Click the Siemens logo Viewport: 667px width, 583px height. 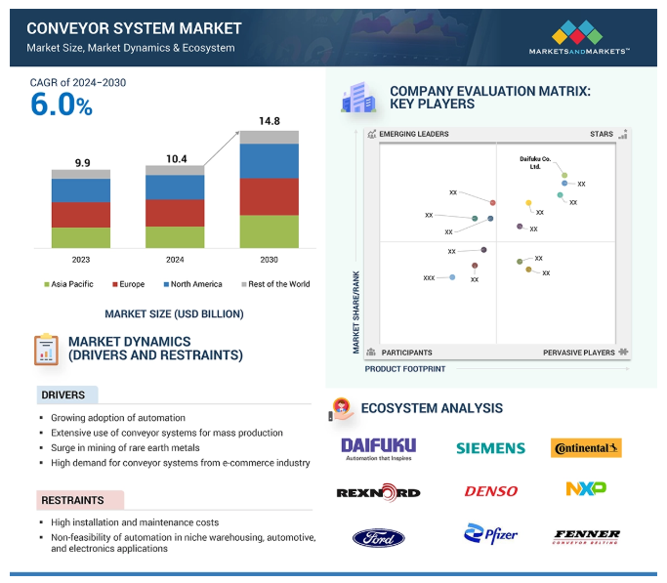[x=490, y=447]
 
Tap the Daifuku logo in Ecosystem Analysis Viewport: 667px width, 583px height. [x=378, y=448]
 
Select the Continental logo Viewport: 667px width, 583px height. [x=586, y=448]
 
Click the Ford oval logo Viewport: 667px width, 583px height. [x=378, y=537]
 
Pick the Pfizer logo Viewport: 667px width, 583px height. [x=490, y=534]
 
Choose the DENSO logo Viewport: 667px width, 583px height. [x=490, y=491]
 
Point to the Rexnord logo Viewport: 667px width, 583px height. [x=378, y=491]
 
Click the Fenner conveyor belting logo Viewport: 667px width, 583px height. [x=586, y=536]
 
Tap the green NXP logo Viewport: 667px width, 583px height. [x=586, y=487]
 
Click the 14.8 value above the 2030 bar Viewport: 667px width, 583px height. [x=269, y=121]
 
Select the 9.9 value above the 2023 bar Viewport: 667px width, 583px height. [x=81, y=162]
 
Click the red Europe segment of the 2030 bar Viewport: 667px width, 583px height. [x=269, y=196]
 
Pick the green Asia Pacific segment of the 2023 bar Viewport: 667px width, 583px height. [x=81, y=237]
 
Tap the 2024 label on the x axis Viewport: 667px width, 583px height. [x=175, y=260]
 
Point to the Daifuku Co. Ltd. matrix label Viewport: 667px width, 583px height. [x=534, y=162]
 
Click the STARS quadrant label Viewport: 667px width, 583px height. [x=601, y=134]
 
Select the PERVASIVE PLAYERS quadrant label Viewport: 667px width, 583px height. [x=579, y=353]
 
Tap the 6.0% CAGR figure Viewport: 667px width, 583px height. [x=62, y=105]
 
